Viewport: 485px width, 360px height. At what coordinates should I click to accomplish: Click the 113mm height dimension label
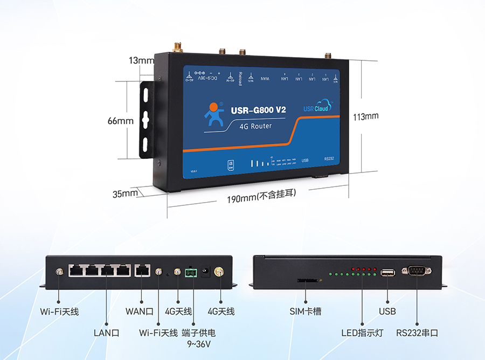tap(365, 116)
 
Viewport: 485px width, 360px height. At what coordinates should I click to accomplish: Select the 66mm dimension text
tap(120, 121)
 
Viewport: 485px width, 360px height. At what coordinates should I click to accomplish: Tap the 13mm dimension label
tap(141, 60)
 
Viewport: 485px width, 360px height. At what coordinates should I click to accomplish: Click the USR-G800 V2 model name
tap(258, 110)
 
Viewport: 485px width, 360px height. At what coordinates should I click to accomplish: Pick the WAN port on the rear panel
tap(142, 271)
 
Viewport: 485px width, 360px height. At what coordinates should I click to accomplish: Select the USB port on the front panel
tap(387, 273)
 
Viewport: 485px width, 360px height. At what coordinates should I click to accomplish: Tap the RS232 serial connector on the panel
tap(416, 272)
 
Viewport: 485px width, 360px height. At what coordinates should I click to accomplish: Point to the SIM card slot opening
tap(308, 280)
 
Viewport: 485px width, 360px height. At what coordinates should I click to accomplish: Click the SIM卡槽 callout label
tap(306, 311)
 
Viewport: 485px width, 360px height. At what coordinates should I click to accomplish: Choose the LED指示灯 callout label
tap(362, 333)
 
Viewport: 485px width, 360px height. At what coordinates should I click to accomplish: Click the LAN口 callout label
tap(106, 333)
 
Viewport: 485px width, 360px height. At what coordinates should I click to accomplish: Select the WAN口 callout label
tap(140, 311)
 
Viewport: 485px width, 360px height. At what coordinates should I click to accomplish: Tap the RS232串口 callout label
tap(417, 333)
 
